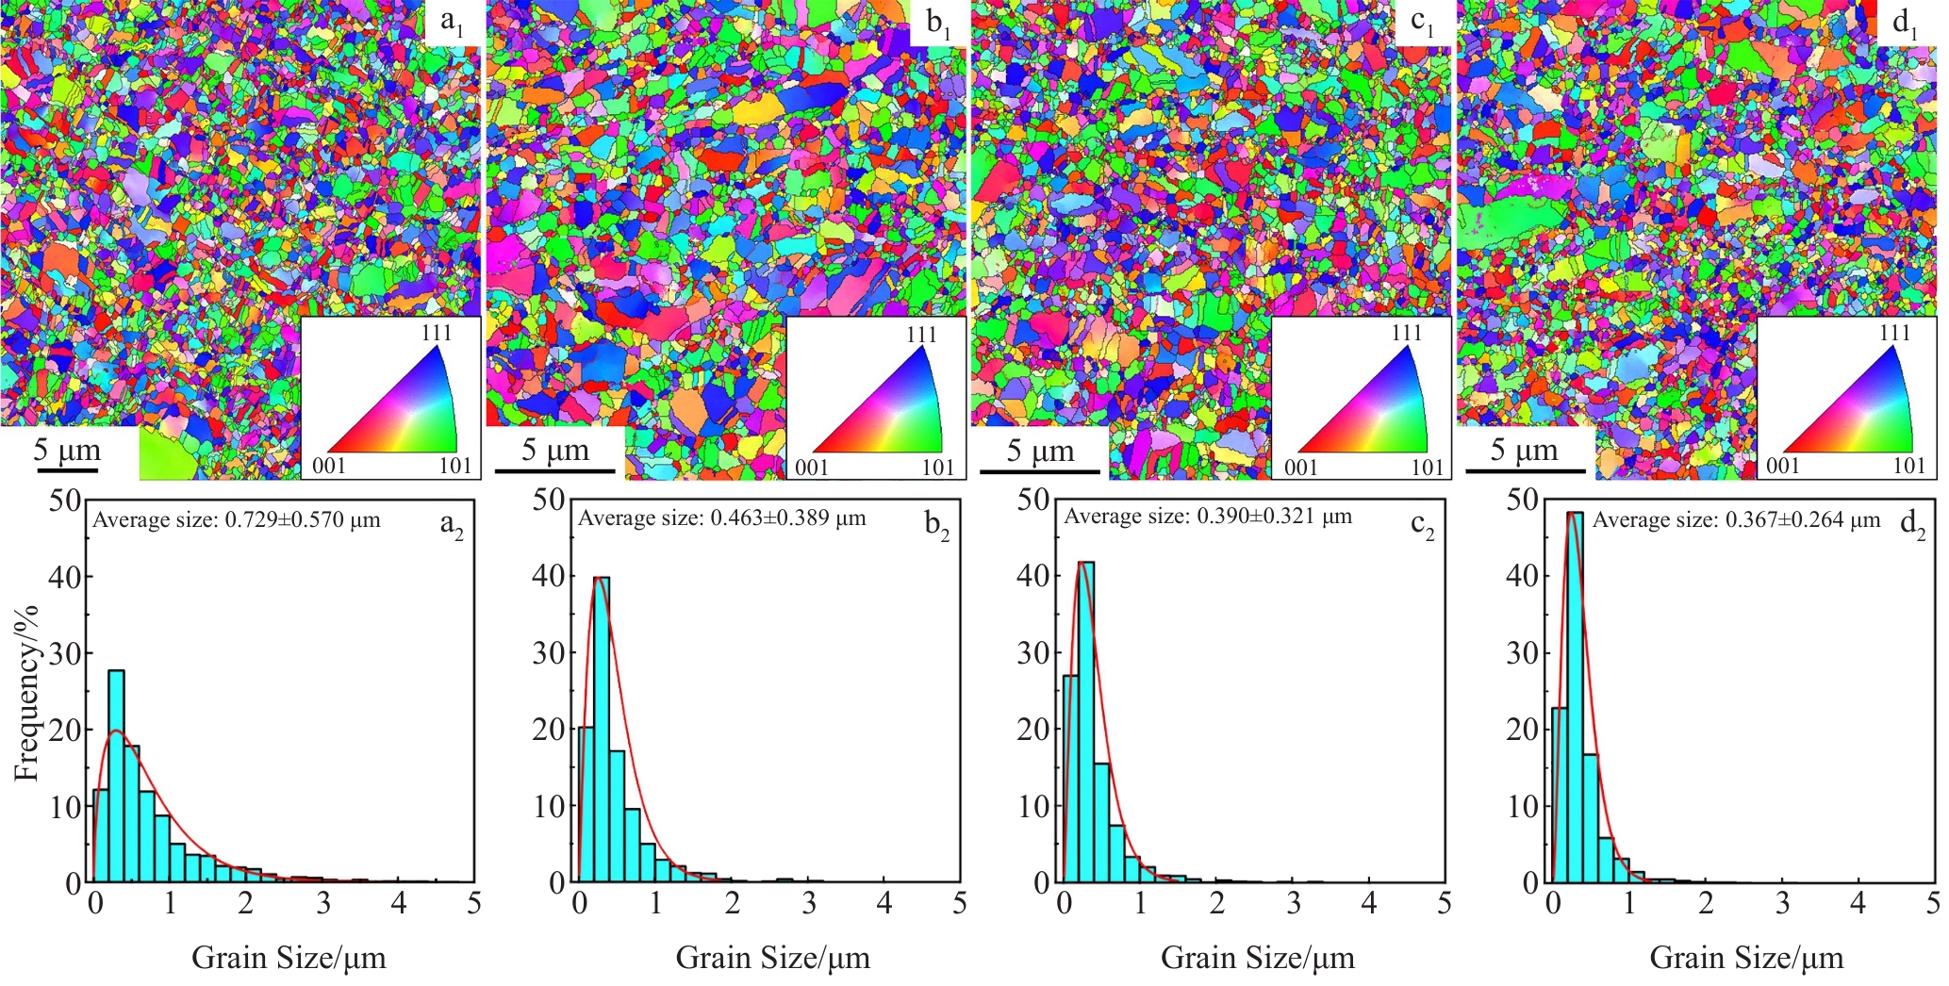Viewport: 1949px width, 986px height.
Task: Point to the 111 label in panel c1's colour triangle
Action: click(x=1406, y=333)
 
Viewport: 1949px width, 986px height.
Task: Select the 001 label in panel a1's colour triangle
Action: click(x=328, y=466)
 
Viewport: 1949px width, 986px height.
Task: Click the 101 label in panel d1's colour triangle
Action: click(x=1908, y=466)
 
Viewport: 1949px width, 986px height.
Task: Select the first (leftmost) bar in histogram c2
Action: click(x=1071, y=779)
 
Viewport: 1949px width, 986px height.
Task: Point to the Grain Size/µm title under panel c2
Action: click(x=1257, y=958)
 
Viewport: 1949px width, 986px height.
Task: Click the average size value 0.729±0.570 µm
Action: click(x=303, y=520)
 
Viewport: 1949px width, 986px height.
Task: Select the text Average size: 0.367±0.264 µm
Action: click(x=1736, y=520)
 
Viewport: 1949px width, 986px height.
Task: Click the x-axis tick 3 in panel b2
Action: click(x=808, y=904)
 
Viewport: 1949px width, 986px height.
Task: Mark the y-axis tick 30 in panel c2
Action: click(x=1033, y=653)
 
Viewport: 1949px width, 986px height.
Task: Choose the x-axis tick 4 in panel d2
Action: click(x=1858, y=904)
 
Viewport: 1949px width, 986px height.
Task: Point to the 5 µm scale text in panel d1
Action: click(x=1524, y=450)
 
